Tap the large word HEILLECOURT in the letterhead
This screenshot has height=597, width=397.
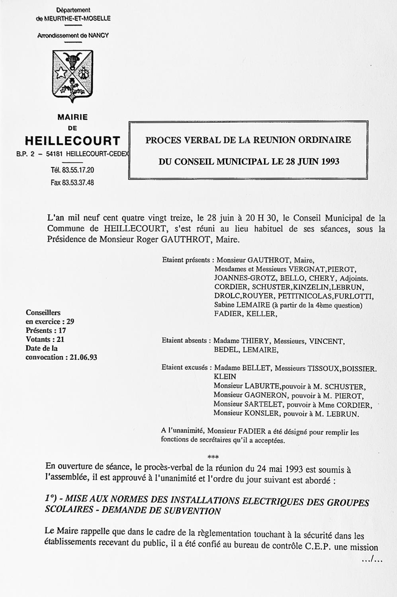(72, 141)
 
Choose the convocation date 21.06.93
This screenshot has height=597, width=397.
(84, 357)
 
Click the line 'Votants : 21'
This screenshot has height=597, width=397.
(45, 339)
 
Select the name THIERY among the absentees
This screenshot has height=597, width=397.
(254, 341)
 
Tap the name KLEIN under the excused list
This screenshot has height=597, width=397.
(225, 377)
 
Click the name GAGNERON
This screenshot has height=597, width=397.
(264, 395)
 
